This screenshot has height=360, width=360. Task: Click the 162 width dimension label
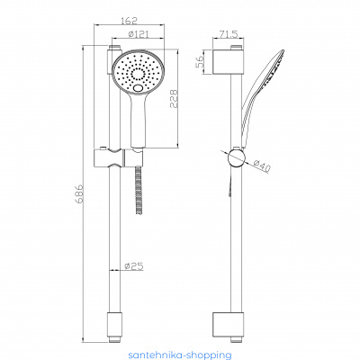130,21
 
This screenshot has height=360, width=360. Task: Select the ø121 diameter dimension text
138,34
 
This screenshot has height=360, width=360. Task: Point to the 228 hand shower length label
174,98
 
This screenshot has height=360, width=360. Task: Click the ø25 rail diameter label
134,265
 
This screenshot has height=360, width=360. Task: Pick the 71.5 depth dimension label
228,33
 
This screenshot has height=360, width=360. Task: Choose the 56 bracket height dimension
200,62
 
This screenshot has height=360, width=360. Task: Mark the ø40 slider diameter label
262,166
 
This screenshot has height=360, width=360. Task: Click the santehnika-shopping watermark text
180,355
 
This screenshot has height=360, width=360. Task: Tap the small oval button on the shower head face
139,88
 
